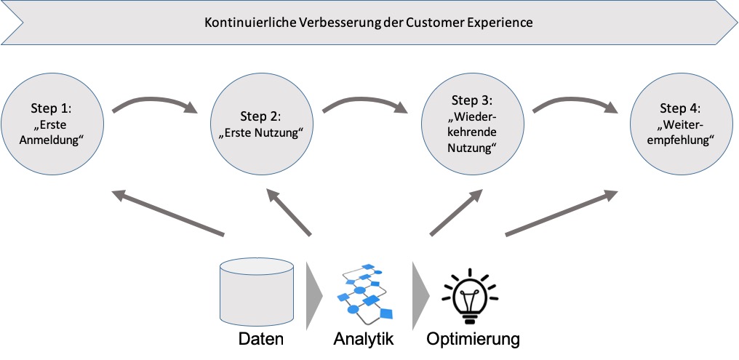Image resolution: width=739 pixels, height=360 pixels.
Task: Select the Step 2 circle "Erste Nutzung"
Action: click(260, 123)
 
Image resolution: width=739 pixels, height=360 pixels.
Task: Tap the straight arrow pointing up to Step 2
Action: click(289, 212)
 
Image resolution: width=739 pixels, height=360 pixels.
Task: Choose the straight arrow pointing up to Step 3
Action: click(456, 212)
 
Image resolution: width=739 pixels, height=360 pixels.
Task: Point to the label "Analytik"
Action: click(364, 339)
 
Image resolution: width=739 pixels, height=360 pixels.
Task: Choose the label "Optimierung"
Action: click(474, 339)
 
